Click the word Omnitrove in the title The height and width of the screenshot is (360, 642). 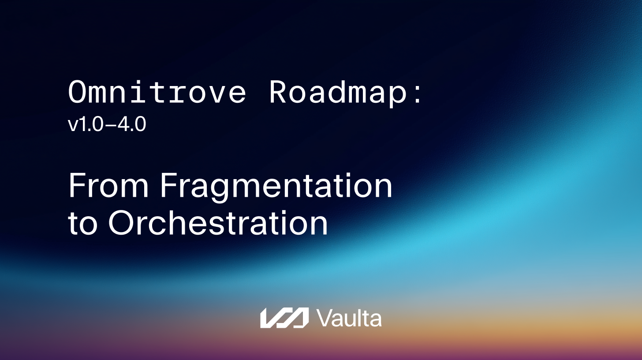(x=157, y=93)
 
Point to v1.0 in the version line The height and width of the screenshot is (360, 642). (x=86, y=125)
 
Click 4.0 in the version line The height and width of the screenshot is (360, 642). (x=131, y=125)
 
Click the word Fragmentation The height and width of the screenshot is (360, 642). (x=276, y=186)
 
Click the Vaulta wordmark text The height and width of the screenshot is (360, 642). (x=349, y=318)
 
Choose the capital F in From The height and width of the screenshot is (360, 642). (x=76, y=186)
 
